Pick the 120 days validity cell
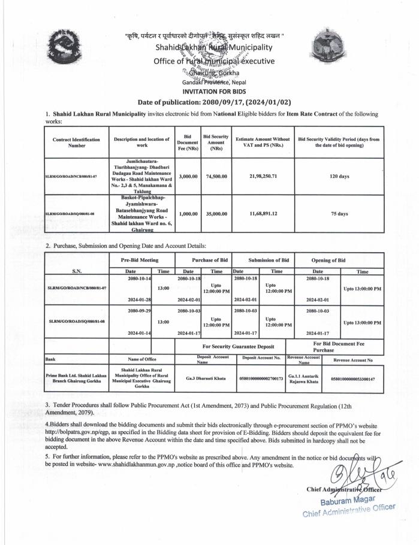tap(343, 169)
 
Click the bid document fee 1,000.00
tap(188, 212)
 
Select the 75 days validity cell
tap(343, 213)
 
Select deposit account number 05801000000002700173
tap(260, 379)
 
